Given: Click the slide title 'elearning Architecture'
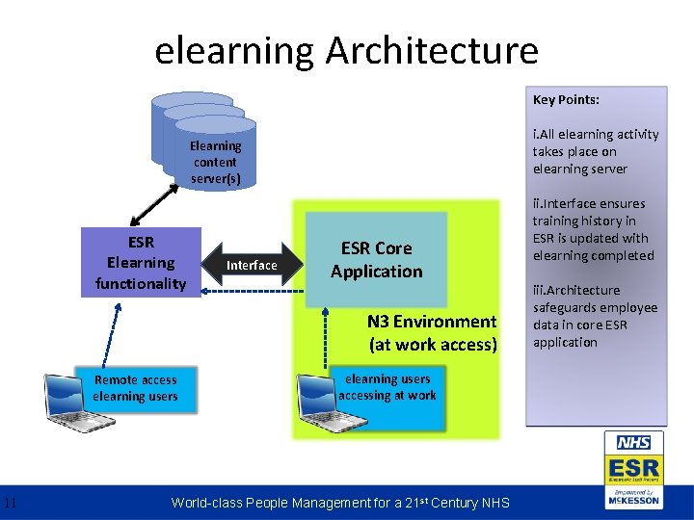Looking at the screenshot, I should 346,50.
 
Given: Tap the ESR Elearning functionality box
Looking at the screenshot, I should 141,262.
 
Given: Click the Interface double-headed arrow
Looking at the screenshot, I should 252,265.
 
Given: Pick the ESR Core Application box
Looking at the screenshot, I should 376,260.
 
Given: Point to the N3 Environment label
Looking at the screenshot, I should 432,333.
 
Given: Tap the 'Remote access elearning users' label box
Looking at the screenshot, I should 136,388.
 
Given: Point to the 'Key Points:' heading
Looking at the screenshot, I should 566,100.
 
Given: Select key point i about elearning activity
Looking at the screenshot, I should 595,152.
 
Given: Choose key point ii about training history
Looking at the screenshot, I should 592,229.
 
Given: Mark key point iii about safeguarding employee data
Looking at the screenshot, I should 594,316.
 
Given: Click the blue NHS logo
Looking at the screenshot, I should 633,443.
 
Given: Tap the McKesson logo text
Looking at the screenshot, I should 633,500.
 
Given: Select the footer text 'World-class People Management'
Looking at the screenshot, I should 339,502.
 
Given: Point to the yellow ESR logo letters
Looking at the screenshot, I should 633,468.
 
